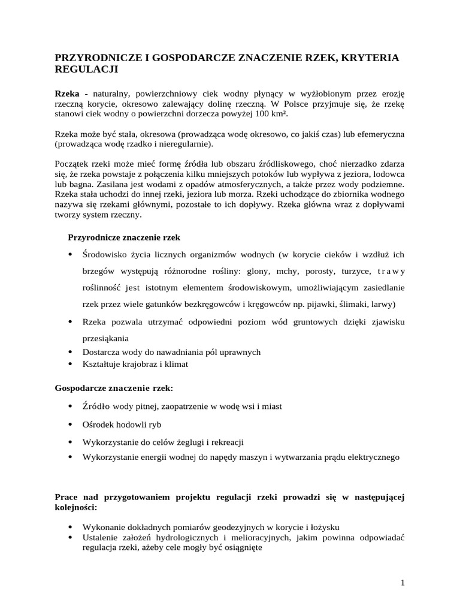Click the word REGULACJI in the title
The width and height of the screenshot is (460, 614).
click(x=87, y=70)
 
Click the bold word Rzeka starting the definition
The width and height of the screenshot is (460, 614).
click(x=67, y=94)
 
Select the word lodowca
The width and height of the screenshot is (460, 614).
click(x=388, y=174)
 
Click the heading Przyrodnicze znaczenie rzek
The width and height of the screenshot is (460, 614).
click(x=124, y=237)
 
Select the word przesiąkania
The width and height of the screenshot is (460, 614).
click(x=105, y=338)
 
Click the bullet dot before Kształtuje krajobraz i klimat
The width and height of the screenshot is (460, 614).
click(x=71, y=364)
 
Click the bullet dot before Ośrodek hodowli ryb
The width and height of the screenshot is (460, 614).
click(x=71, y=425)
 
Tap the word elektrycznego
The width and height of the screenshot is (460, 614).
click(x=371, y=457)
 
